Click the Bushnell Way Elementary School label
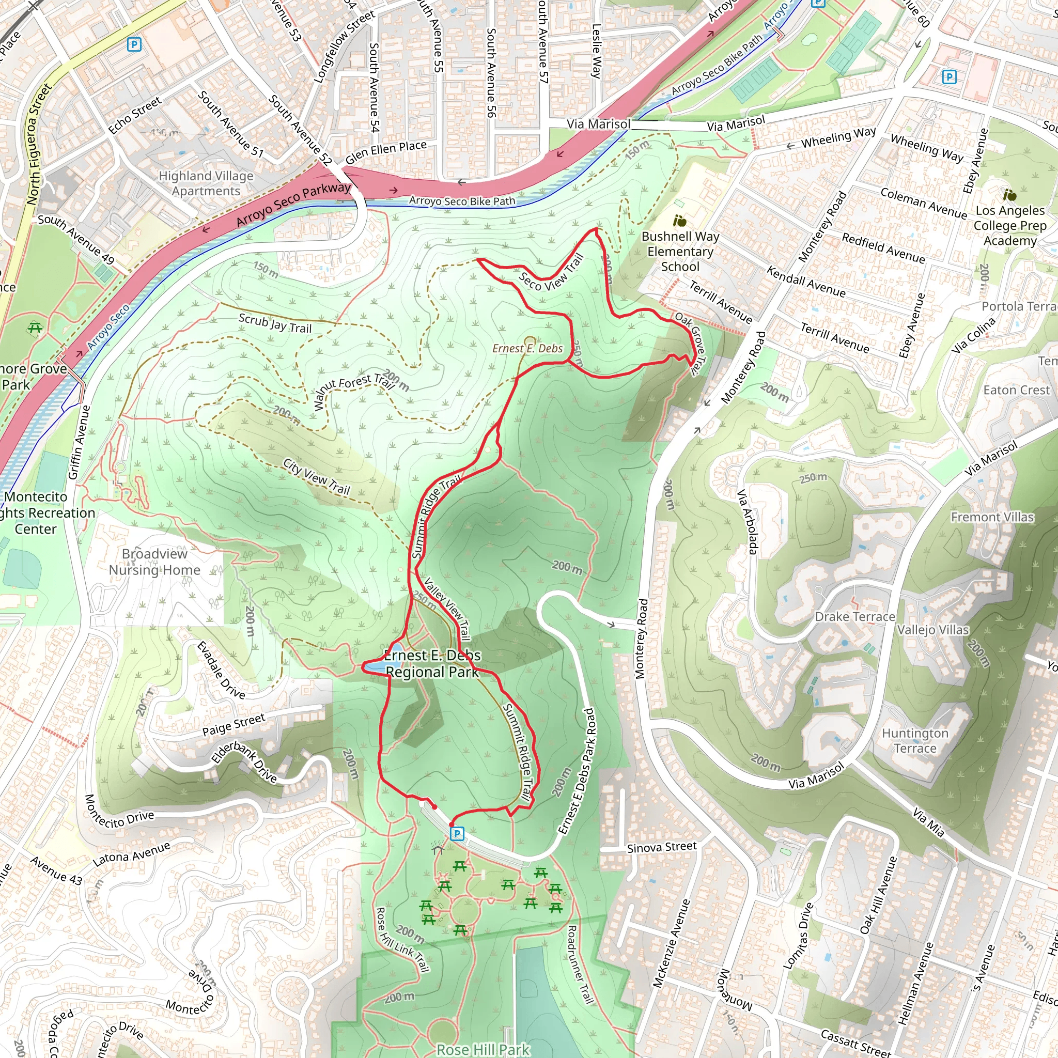[x=680, y=252]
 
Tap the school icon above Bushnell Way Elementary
[x=680, y=221]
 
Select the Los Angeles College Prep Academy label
[x=1010, y=226]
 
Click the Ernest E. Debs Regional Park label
[x=432, y=664]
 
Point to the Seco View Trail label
[x=550, y=274]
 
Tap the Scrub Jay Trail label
[x=275, y=323]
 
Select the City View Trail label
[x=317, y=476]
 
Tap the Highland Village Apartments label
[x=206, y=183]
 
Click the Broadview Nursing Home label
[x=154, y=562]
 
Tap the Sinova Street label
[x=662, y=847]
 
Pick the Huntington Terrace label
[x=914, y=740]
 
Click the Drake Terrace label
[x=855, y=617]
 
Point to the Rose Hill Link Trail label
[x=402, y=940]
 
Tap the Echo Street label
[x=135, y=115]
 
